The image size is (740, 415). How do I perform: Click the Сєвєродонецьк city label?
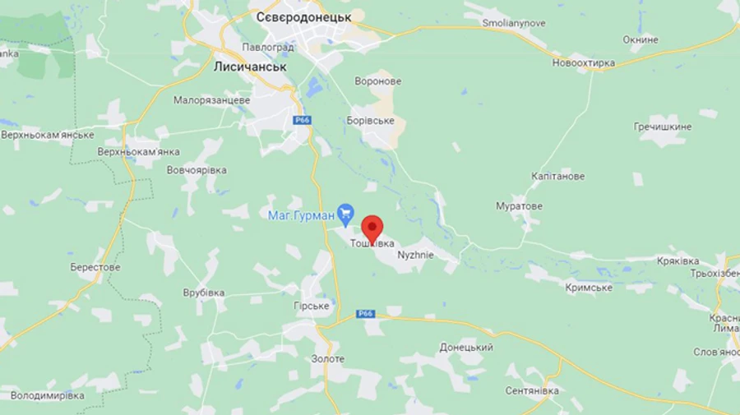tap(303, 17)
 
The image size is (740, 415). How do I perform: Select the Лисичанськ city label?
tap(250, 67)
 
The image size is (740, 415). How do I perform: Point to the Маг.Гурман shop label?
tap(301, 215)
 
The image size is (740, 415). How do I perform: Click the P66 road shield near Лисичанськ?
tap(302, 120)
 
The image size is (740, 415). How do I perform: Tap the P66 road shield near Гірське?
tap(366, 313)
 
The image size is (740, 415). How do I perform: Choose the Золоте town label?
tap(328, 359)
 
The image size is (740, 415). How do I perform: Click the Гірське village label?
tap(312, 306)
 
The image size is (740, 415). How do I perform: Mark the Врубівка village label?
tap(204, 293)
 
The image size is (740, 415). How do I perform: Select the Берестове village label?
tap(95, 267)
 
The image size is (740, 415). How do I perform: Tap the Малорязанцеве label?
tap(211, 99)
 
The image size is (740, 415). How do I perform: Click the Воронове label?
tap(377, 81)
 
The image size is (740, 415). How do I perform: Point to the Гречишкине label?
tap(663, 127)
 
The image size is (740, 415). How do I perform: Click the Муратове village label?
tap(519, 205)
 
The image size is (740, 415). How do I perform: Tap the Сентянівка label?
tap(532, 390)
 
